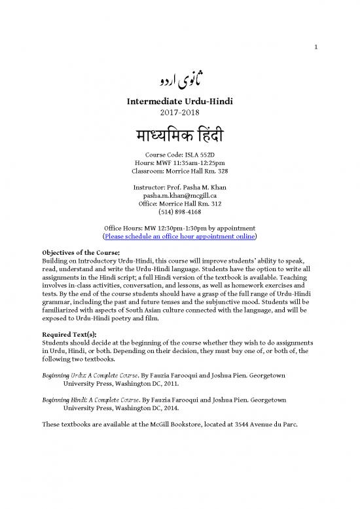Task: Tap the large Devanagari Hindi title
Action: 180,136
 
